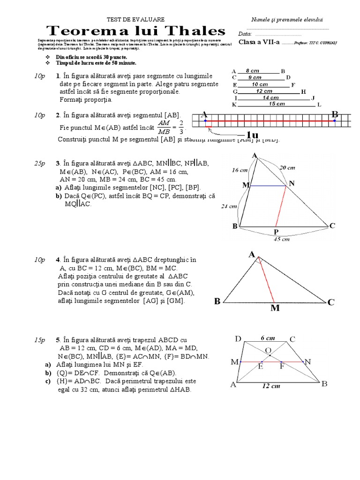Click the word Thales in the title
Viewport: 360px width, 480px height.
tap(192, 31)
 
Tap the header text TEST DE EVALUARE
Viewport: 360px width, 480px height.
tap(136, 19)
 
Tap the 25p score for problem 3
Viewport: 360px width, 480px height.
tap(39, 163)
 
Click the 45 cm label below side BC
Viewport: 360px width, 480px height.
tap(282, 239)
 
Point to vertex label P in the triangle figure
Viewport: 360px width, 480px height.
tap(276, 232)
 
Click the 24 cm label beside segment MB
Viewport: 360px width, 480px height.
tap(228, 206)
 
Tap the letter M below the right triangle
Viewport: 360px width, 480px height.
tap(275, 308)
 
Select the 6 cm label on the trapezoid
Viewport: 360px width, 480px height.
tap(268, 337)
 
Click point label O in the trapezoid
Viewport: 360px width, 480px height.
tap(268, 350)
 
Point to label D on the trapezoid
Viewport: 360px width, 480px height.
tap(238, 338)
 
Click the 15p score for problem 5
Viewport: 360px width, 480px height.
tap(39, 339)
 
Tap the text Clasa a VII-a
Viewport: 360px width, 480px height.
tap(259, 42)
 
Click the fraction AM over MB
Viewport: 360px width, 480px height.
tap(164, 127)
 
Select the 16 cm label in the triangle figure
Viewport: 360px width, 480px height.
tap(240, 171)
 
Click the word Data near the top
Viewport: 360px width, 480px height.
tap(245, 34)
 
